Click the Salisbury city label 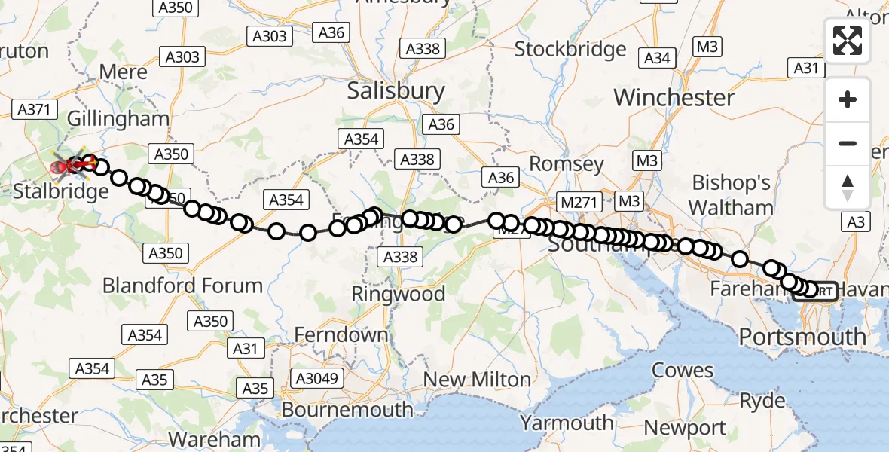[x=396, y=91]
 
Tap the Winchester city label [x=674, y=97]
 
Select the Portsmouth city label [x=802, y=337]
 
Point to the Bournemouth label [x=347, y=410]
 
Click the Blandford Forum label [x=182, y=286]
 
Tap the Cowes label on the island [x=683, y=370]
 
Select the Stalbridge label [x=61, y=191]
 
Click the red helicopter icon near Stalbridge [x=63, y=165]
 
